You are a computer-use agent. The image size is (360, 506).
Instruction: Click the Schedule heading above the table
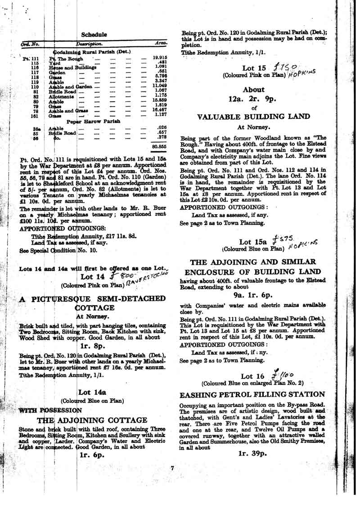[x=94, y=34]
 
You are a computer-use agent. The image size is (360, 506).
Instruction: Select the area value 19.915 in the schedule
[x=160, y=58]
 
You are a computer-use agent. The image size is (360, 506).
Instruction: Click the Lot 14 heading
[x=94, y=277]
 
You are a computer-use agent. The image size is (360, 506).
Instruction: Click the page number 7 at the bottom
[x=172, y=468]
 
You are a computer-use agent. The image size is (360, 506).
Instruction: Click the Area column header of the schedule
[x=161, y=44]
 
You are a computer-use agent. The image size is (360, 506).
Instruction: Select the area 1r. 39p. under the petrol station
[x=254, y=454]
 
